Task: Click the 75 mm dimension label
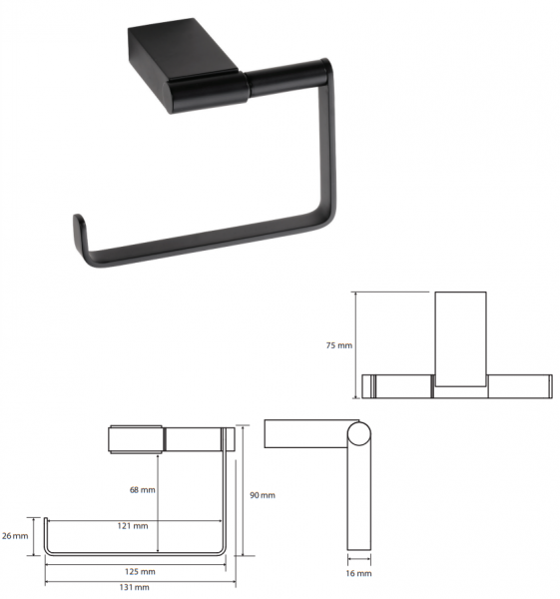[338, 345]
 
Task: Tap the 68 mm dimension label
[143, 490]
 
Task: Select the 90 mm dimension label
[263, 495]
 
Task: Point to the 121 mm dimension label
[133, 526]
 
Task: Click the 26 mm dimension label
[15, 536]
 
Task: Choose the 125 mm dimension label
[140, 572]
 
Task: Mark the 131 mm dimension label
[134, 587]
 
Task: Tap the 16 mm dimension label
[358, 573]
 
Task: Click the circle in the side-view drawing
[359, 433]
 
